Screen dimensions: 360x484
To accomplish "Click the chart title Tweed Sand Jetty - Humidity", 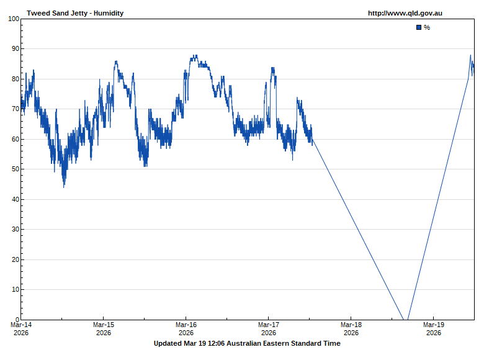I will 75,13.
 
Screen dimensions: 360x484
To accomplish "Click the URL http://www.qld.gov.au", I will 405,13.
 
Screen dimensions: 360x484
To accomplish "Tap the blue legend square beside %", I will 419,27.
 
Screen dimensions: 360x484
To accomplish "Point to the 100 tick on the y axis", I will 14,19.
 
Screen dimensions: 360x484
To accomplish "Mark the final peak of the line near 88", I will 470,55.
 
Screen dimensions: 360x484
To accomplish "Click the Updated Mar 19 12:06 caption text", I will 247,343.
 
